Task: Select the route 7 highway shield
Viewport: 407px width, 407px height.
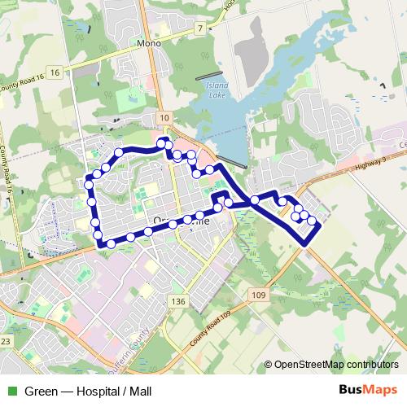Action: click(x=199, y=28)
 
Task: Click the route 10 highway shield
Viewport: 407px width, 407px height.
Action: click(x=165, y=118)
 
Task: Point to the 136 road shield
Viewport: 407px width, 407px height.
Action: click(x=179, y=301)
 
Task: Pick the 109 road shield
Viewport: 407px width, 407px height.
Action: click(x=259, y=295)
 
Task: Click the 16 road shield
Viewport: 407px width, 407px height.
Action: click(x=55, y=72)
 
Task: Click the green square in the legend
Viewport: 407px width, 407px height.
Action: click(x=12, y=391)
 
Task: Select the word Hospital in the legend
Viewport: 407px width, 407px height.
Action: click(x=94, y=391)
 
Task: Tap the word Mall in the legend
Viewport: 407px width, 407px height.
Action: click(x=139, y=391)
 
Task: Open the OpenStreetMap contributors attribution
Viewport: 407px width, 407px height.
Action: click(x=336, y=365)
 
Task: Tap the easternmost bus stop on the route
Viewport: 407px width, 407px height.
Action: click(x=312, y=221)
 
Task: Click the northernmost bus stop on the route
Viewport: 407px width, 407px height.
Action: click(x=161, y=144)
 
